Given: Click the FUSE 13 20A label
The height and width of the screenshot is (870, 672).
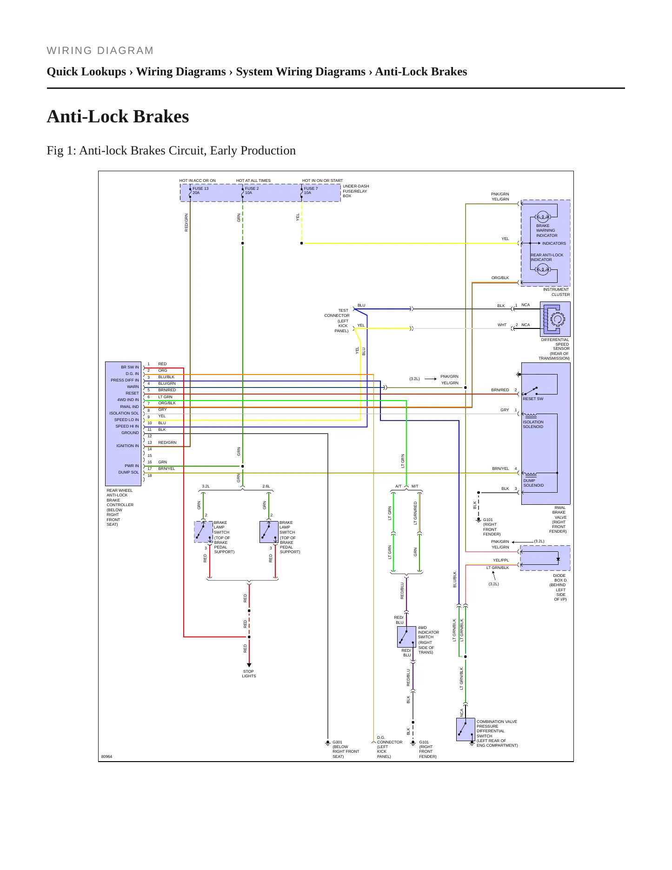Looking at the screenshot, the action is pyautogui.click(x=200, y=190).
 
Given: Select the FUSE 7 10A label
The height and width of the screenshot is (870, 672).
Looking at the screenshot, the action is pyautogui.click(x=311, y=190).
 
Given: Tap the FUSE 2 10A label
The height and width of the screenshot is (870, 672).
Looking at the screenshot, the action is pyautogui.click(x=252, y=190).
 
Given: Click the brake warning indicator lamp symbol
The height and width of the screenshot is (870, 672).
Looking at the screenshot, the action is pyautogui.click(x=543, y=217).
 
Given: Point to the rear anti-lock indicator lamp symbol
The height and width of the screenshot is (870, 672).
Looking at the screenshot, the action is pyautogui.click(x=543, y=269).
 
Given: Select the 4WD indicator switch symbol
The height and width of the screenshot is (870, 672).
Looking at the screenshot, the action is pyautogui.click(x=406, y=636).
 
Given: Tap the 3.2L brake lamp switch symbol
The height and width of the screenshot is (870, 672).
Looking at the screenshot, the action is pyautogui.click(x=203, y=532).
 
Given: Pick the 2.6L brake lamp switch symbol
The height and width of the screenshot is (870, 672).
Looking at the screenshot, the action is pyautogui.click(x=269, y=532).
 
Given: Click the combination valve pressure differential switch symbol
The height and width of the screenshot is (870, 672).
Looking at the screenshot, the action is pyautogui.click(x=466, y=729).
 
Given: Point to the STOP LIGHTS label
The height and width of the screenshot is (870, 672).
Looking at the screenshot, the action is pyautogui.click(x=249, y=674).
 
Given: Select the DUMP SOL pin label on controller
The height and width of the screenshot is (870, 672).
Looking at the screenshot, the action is pyautogui.click(x=128, y=472).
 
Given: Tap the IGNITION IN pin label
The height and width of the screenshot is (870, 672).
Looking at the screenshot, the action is pyautogui.click(x=127, y=446).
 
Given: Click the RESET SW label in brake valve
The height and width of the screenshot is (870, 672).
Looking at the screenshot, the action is pyautogui.click(x=533, y=399).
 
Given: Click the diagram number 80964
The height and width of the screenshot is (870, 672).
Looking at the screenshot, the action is pyautogui.click(x=106, y=756).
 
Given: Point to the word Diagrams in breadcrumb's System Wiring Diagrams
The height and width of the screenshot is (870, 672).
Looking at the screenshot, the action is pyautogui.click(x=342, y=72).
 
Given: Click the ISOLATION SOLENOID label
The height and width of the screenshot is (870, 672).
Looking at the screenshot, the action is pyautogui.click(x=533, y=424).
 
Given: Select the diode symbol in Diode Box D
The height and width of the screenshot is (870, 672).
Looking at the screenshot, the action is pyautogui.click(x=558, y=559).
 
